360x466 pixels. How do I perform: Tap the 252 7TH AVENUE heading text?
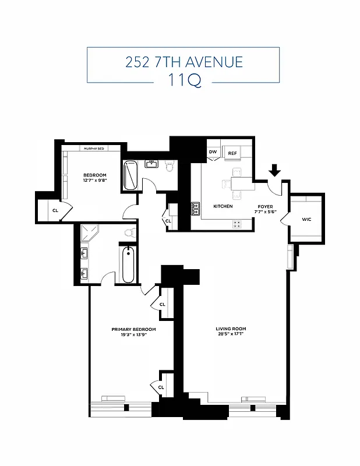coord(183,62)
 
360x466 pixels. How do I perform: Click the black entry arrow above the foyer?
coord(275,170)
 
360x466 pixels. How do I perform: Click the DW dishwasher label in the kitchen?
coord(213,153)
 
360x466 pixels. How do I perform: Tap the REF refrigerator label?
coord(232,153)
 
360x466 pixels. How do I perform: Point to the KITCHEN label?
coord(223,206)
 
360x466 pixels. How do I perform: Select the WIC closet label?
coord(306,220)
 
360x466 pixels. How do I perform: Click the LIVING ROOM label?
coord(232,329)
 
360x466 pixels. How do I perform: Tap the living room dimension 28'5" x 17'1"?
coord(232,334)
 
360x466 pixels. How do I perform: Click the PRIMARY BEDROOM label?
coord(133,329)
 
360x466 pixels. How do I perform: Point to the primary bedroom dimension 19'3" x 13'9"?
coord(133,335)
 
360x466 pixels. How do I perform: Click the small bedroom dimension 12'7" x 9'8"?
coord(94,181)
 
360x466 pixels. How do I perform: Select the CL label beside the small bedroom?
coord(55,210)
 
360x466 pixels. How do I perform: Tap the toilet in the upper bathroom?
coord(170,167)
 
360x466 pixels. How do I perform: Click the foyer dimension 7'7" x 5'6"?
coord(266,212)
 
